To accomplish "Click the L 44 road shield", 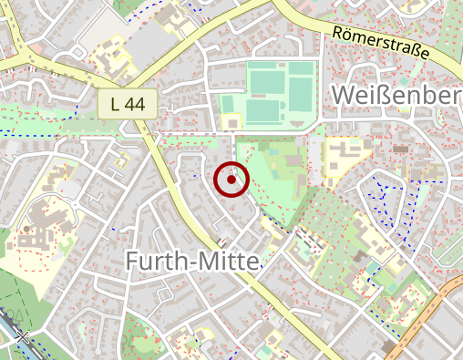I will coord(128,104).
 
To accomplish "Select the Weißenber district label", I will coord(397,95).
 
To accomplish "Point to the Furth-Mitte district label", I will coord(191,262).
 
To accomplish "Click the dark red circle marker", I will coord(231,180).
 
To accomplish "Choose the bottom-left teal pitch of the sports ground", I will coord(262,112).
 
